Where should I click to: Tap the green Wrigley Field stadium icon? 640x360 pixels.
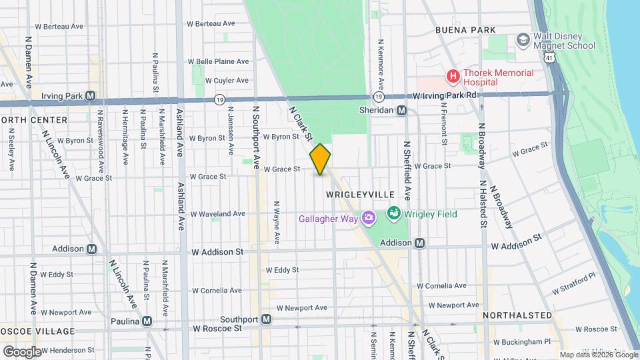[393, 214]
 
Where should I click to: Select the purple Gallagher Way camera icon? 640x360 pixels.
[367, 218]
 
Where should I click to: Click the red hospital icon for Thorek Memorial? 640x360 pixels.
[453, 77]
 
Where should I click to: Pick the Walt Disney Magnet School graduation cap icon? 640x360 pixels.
[523, 41]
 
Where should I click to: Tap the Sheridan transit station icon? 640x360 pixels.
[402, 111]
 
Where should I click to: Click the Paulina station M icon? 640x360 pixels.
[147, 321]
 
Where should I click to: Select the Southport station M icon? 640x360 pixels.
[266, 319]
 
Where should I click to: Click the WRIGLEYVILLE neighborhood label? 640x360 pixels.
[361, 194]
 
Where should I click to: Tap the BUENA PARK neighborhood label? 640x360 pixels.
[465, 30]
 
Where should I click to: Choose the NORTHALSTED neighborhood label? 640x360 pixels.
[517, 315]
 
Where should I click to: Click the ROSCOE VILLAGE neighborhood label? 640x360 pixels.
[37, 331]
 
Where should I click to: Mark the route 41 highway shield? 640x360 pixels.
[547, 59]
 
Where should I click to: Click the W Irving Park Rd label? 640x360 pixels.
[445, 95]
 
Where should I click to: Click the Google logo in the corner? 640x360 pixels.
[22, 351]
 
